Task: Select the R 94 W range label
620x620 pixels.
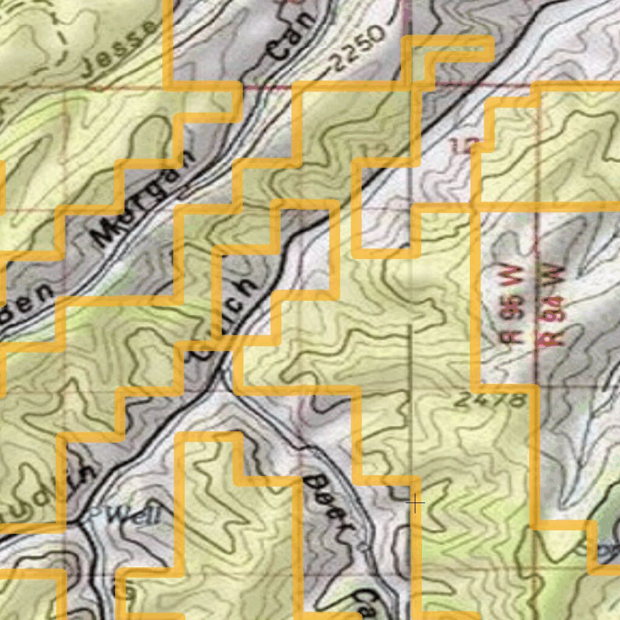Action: click(552, 306)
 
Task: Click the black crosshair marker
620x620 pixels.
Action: click(415, 503)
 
